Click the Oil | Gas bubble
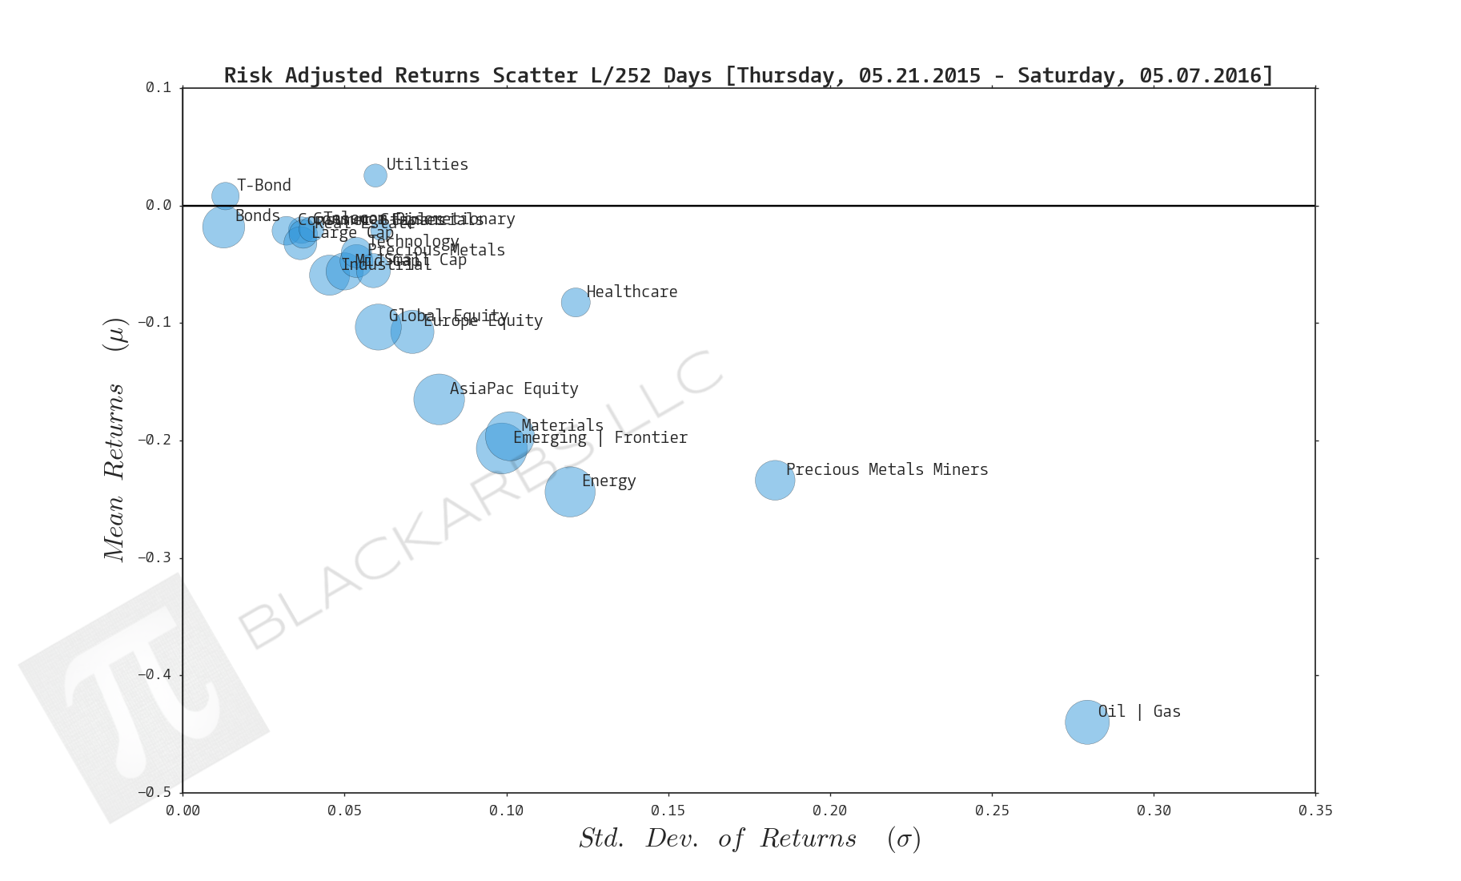coord(1086,722)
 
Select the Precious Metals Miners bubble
coord(774,480)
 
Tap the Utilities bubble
coord(375,175)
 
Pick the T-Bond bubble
coord(225,195)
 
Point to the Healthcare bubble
coord(575,302)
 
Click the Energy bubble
coord(569,491)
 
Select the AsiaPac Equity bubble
coord(439,399)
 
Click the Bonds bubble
coord(223,227)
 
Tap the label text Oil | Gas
coord(1138,711)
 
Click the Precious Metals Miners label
coord(886,469)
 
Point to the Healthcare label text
coord(632,292)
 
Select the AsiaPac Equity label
coord(513,388)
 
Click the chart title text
coord(748,75)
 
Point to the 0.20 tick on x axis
coord(830,811)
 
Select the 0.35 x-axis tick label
coord(1315,811)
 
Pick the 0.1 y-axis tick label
coord(158,87)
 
